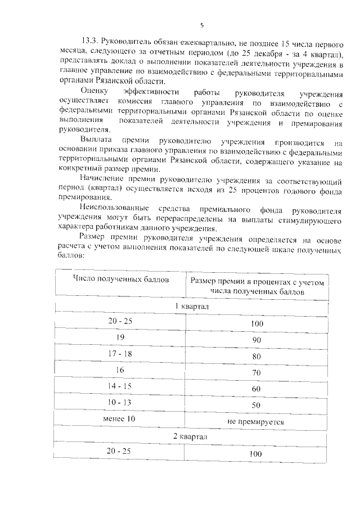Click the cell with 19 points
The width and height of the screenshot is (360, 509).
(x=120, y=337)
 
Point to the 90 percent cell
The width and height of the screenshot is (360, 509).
(x=256, y=340)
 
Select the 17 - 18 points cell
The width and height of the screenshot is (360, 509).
(x=120, y=354)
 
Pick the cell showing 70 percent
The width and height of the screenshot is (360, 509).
(x=256, y=372)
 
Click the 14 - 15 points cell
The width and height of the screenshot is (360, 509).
(x=120, y=386)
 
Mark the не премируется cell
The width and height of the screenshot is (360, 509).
(x=256, y=421)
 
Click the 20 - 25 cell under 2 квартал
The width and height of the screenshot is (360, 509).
(x=120, y=451)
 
